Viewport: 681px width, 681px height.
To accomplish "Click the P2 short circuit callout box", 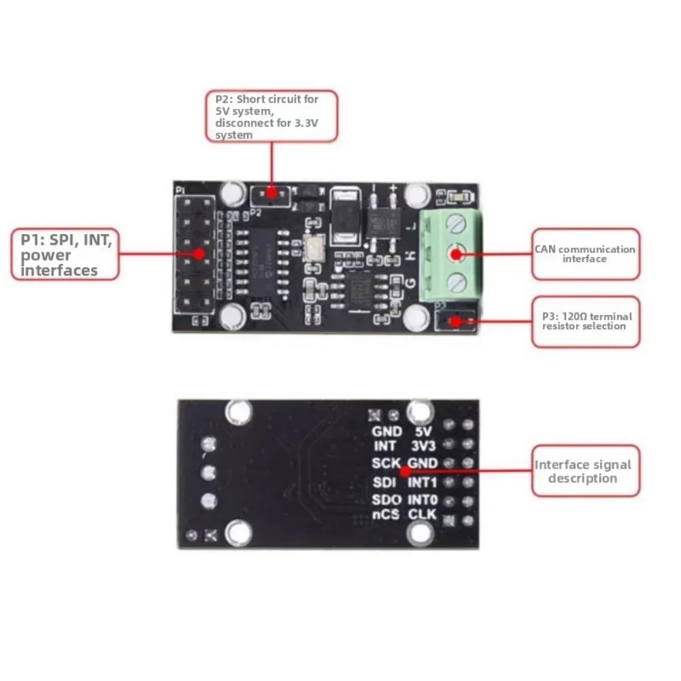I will [x=271, y=116].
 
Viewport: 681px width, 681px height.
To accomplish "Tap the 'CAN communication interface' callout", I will [x=585, y=254].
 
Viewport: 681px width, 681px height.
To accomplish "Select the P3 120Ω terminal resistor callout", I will [x=585, y=321].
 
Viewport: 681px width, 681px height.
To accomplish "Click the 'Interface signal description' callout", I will [x=585, y=471].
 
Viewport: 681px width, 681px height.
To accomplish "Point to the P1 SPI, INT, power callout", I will [x=65, y=254].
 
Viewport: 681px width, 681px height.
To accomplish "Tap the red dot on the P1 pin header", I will [x=199, y=254].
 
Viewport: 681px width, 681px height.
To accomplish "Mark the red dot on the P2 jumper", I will [x=271, y=193].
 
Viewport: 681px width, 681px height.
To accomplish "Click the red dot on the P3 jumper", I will [x=454, y=320].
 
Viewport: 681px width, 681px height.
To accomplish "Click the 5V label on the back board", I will [x=423, y=431].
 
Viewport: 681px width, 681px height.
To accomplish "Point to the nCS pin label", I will [x=386, y=515].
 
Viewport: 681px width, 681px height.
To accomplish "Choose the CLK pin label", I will [x=422, y=515].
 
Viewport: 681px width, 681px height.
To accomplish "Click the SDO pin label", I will [x=386, y=499].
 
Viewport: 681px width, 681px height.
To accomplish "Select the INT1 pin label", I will [x=422, y=482].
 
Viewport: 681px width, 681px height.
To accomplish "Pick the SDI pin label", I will [x=385, y=482].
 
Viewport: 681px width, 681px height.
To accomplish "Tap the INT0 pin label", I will [x=422, y=499].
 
